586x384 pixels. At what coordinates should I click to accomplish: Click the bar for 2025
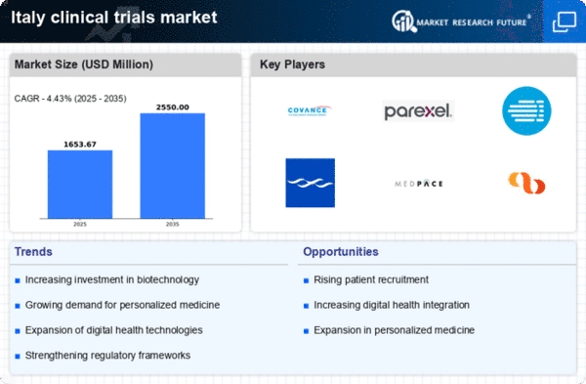click(80, 184)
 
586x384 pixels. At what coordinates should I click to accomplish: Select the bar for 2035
click(172, 166)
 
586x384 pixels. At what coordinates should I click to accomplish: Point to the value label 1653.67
click(80, 145)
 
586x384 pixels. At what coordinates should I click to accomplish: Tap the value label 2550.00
click(172, 107)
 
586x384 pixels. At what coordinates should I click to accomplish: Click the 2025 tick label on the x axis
click(80, 224)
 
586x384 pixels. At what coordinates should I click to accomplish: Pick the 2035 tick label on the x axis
click(172, 224)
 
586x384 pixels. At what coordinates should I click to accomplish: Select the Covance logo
click(309, 110)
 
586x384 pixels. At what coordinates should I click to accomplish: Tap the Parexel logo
click(418, 111)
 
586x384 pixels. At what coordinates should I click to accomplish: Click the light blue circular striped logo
click(526, 110)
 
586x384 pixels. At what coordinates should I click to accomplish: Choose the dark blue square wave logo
click(311, 183)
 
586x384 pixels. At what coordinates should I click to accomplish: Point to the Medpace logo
click(419, 184)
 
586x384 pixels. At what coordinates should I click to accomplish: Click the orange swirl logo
click(526, 183)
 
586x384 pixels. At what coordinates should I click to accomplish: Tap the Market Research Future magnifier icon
click(404, 21)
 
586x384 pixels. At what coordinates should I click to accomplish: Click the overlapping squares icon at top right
click(564, 22)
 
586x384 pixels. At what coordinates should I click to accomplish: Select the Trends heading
click(33, 252)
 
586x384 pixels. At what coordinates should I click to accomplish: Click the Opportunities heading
click(341, 252)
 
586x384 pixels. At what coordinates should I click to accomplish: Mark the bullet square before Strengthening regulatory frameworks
click(18, 356)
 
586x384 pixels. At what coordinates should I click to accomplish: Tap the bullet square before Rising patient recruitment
click(306, 280)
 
